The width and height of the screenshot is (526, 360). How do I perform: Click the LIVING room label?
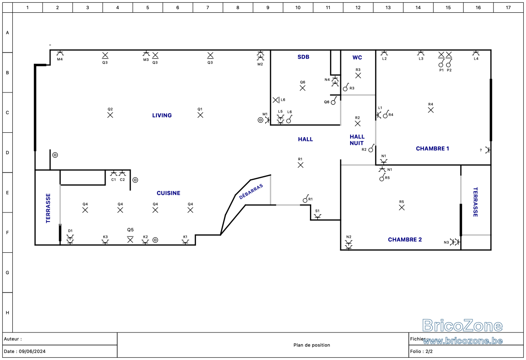point(162,115)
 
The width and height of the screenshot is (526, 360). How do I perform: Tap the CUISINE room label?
point(168,193)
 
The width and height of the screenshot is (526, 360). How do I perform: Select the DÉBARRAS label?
point(251,192)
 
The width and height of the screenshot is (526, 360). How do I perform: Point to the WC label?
point(357,57)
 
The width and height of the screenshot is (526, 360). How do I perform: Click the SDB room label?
point(303,57)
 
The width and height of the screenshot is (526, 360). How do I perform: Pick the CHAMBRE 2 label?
point(405,240)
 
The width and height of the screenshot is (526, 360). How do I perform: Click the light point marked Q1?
point(200,115)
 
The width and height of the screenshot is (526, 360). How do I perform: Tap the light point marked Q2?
point(110,115)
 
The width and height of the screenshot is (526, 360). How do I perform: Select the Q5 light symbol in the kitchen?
point(130,240)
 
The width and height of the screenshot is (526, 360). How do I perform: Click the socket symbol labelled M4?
point(60,53)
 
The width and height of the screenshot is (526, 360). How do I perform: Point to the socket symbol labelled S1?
point(317,217)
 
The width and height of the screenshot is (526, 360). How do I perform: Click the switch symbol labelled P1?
point(441,64)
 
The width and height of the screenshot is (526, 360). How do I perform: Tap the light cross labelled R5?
point(402,208)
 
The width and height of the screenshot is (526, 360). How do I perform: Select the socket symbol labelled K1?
point(185,242)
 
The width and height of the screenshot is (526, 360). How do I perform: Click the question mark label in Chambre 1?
point(481,150)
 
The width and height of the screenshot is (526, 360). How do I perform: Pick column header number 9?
point(268,7)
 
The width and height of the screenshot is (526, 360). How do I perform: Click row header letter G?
point(7,272)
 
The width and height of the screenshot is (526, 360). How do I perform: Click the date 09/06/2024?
point(32,351)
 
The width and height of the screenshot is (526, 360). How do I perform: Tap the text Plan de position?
point(312,345)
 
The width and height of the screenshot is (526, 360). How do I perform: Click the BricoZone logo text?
point(462,325)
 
